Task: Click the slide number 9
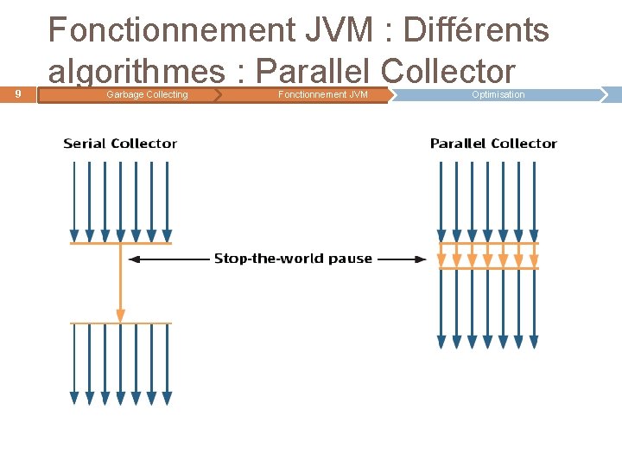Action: click(18, 93)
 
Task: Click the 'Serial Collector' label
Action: click(120, 144)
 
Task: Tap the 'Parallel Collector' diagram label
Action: click(493, 144)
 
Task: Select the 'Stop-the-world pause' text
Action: click(293, 259)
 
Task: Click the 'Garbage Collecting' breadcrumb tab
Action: click(146, 94)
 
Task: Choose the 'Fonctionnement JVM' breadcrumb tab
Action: click(322, 94)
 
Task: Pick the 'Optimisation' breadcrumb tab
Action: click(498, 94)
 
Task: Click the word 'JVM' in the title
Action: click(345, 31)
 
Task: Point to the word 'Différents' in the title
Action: click(476, 31)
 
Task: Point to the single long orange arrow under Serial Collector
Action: click(121, 285)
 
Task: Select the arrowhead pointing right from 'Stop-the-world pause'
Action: click(421, 259)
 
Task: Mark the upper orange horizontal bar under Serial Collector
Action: click(121, 244)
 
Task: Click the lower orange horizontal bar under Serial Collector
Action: click(121, 323)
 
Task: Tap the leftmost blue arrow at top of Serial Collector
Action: click(74, 199)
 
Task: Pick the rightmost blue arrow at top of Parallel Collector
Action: click(534, 199)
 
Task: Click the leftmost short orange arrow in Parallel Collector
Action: click(442, 256)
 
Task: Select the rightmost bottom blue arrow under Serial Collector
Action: click(167, 363)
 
